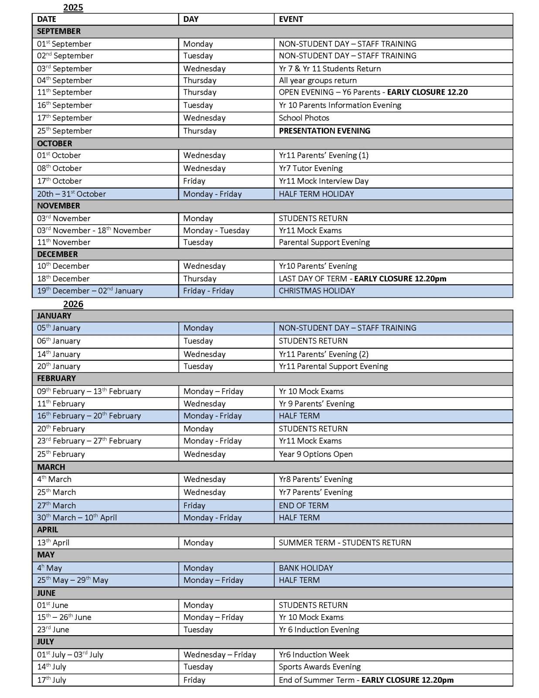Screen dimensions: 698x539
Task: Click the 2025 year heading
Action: tap(73, 7)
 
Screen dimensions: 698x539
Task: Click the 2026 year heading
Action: tap(73, 304)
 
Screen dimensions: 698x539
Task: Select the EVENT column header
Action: tap(291, 19)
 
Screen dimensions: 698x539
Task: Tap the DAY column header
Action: tap(191, 19)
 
